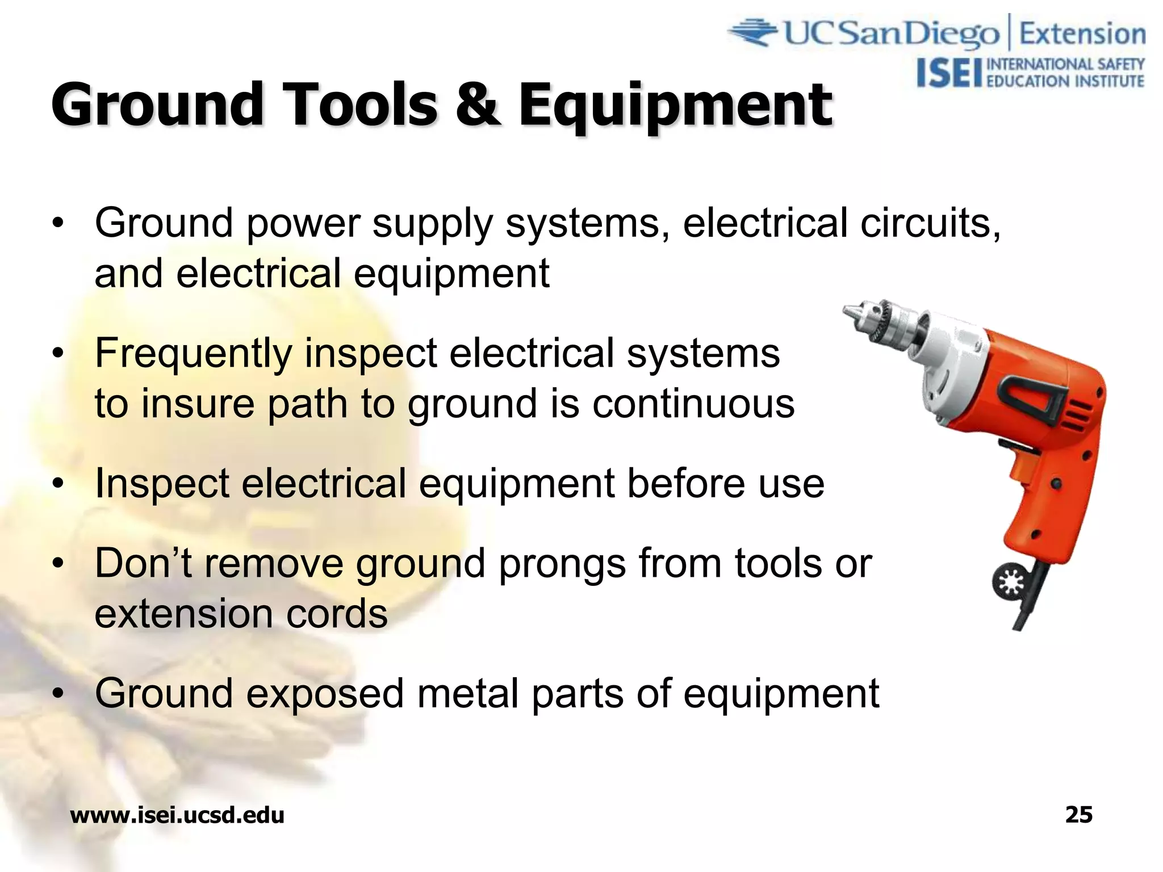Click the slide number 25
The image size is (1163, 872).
click(1078, 815)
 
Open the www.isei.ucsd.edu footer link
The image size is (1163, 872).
click(177, 815)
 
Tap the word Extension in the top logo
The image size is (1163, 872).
click(1082, 34)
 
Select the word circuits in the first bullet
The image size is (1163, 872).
click(929, 223)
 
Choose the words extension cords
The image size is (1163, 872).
click(241, 615)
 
